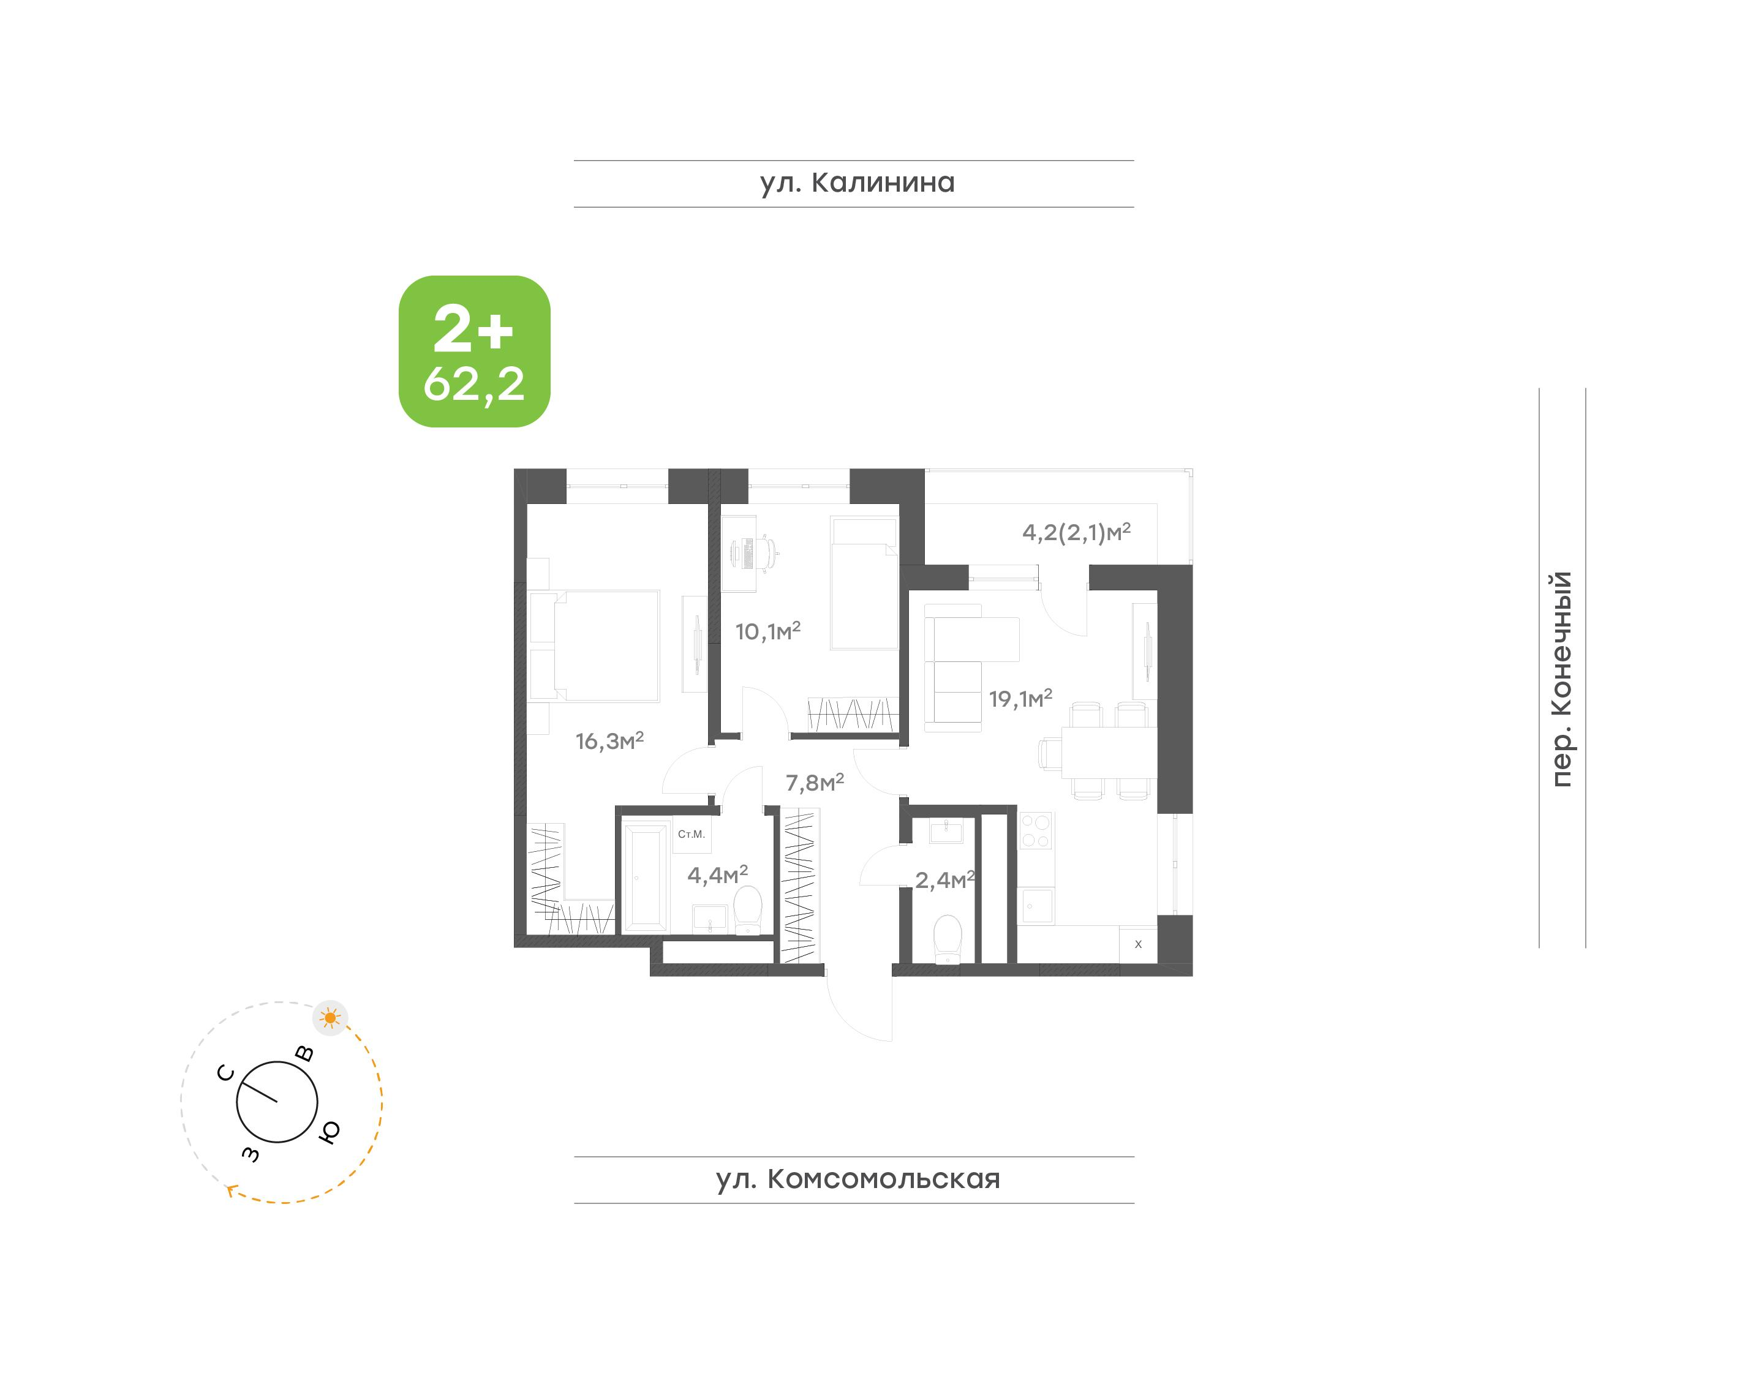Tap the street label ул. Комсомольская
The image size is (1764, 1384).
click(x=858, y=1179)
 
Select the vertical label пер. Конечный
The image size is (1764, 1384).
click(x=1561, y=679)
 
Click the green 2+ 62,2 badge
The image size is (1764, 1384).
click(x=474, y=351)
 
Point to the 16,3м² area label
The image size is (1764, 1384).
click(x=609, y=740)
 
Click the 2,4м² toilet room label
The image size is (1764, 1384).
click(x=944, y=879)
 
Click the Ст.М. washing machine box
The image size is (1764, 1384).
click(x=691, y=835)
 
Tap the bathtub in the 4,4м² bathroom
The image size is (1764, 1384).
click(x=645, y=878)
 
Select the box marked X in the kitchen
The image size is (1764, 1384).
click(x=1137, y=944)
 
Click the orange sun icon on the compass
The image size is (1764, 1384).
click(x=330, y=1018)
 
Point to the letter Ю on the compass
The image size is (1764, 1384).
click(x=329, y=1132)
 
